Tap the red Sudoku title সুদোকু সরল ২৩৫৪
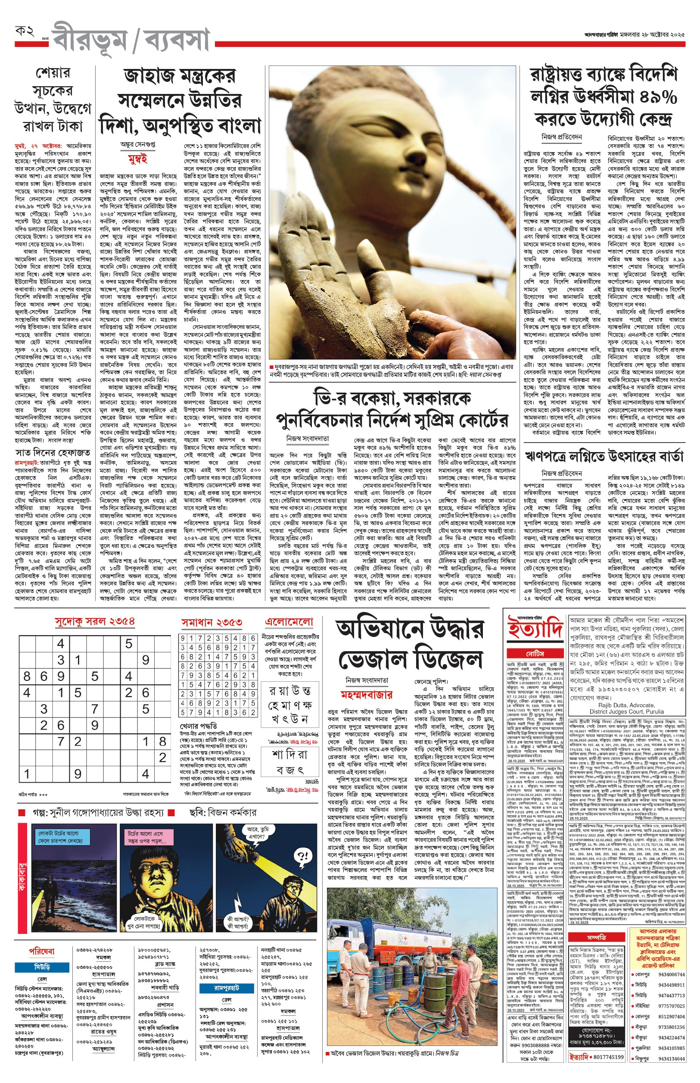pyautogui.click(x=94, y=621)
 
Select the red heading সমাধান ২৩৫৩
pyautogui.click(x=212, y=622)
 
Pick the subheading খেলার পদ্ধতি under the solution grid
pyautogui.click(x=198, y=726)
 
